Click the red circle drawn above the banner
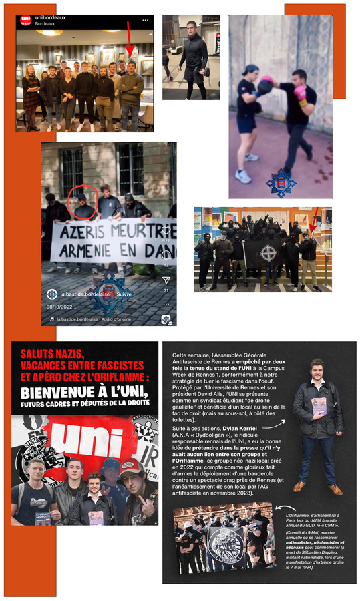(83, 195)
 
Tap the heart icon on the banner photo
(166, 231)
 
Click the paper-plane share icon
(166, 280)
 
